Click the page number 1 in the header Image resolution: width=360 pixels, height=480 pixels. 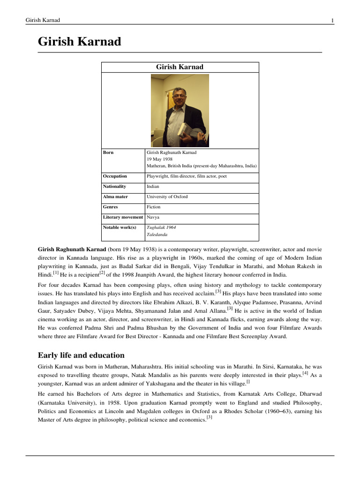click(x=332, y=21)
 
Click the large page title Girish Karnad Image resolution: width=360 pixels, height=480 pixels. click(x=79, y=42)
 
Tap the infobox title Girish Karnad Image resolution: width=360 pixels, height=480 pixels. click(x=180, y=67)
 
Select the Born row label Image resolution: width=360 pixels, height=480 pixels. click(x=108, y=152)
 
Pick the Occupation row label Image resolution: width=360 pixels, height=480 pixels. click(x=115, y=176)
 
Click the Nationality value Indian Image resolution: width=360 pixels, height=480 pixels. click(x=153, y=187)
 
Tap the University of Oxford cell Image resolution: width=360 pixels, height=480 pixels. click(x=167, y=197)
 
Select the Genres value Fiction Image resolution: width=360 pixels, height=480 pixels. click(x=153, y=207)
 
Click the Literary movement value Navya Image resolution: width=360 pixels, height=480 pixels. click(x=153, y=217)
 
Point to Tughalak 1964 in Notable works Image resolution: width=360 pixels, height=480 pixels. click(x=161, y=227)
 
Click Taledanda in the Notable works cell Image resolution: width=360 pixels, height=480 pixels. click(x=157, y=234)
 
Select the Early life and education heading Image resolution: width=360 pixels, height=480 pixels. click(x=81, y=355)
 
